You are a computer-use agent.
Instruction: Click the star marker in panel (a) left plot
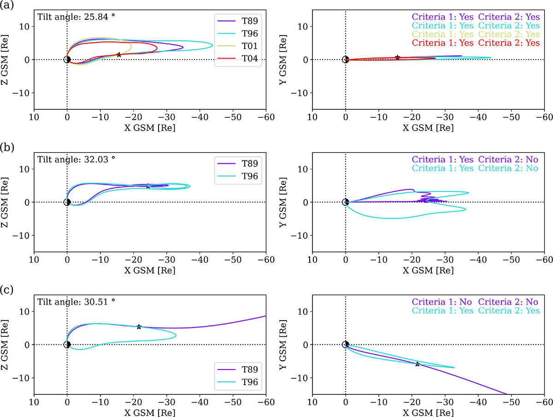(x=119, y=54)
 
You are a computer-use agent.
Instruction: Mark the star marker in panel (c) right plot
(x=418, y=364)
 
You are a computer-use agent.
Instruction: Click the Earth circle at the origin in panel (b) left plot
(x=67, y=202)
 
